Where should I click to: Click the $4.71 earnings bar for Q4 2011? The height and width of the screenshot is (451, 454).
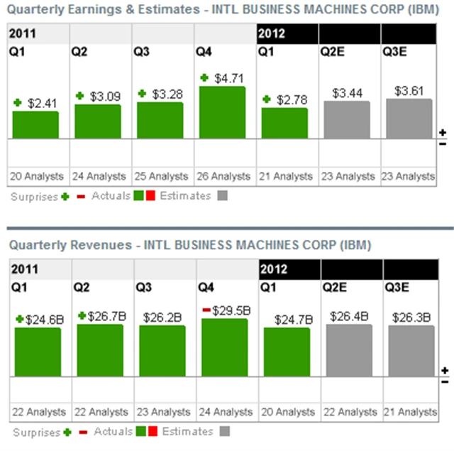[222, 112]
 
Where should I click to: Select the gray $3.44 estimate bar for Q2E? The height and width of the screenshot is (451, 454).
[347, 119]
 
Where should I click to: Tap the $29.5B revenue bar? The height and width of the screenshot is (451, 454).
[225, 348]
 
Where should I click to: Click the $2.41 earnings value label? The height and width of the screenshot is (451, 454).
[41, 103]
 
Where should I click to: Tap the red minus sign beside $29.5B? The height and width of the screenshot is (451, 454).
[206, 310]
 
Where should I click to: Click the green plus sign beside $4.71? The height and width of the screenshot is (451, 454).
[205, 77]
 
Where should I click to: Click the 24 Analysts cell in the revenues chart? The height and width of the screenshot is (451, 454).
[225, 412]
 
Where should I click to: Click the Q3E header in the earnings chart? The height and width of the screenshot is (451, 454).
[397, 51]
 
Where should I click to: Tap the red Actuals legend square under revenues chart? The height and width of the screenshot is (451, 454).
[150, 432]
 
